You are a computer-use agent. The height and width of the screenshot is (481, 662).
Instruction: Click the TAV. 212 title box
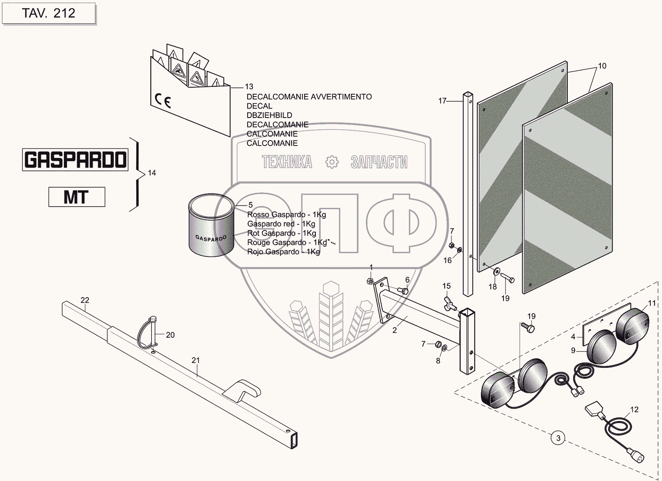tap(49, 13)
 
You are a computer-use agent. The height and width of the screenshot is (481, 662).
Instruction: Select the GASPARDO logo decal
tap(75, 160)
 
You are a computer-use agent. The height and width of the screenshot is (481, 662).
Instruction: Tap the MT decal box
tap(77, 197)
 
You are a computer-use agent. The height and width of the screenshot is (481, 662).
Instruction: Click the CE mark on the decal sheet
tap(163, 100)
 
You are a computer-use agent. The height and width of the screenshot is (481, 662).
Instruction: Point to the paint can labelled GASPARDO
tap(211, 226)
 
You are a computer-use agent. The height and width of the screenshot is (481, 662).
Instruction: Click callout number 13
tap(249, 87)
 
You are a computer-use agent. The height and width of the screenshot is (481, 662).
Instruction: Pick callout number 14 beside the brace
tap(152, 173)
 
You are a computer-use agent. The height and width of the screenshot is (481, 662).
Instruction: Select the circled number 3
tap(558, 438)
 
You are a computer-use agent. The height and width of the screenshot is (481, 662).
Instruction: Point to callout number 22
tap(85, 300)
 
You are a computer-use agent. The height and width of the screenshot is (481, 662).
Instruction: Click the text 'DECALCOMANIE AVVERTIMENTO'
tap(309, 97)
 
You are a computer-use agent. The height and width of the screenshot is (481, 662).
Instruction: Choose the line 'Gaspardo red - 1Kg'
tap(281, 224)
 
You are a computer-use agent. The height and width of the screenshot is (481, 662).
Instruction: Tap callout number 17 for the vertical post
tap(442, 101)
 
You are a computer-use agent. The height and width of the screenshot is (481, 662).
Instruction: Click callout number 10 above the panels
tap(602, 66)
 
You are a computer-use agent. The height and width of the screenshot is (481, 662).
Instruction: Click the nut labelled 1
tap(371, 281)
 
